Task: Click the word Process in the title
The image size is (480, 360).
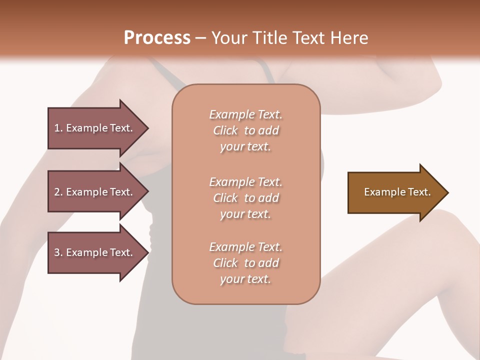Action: tap(157, 38)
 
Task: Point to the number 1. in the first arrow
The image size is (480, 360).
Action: tap(58, 128)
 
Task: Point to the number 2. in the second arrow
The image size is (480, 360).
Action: tap(58, 192)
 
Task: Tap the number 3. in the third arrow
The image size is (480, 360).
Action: tap(58, 252)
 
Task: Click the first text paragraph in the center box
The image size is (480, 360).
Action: tap(245, 130)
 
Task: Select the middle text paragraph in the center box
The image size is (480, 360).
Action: tap(245, 198)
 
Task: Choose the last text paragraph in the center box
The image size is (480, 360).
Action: tap(245, 263)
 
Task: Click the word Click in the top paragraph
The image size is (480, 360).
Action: tap(225, 131)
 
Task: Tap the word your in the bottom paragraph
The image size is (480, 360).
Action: tap(231, 279)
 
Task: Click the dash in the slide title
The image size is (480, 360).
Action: tap(200, 38)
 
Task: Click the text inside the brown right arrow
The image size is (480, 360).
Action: tap(397, 192)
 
